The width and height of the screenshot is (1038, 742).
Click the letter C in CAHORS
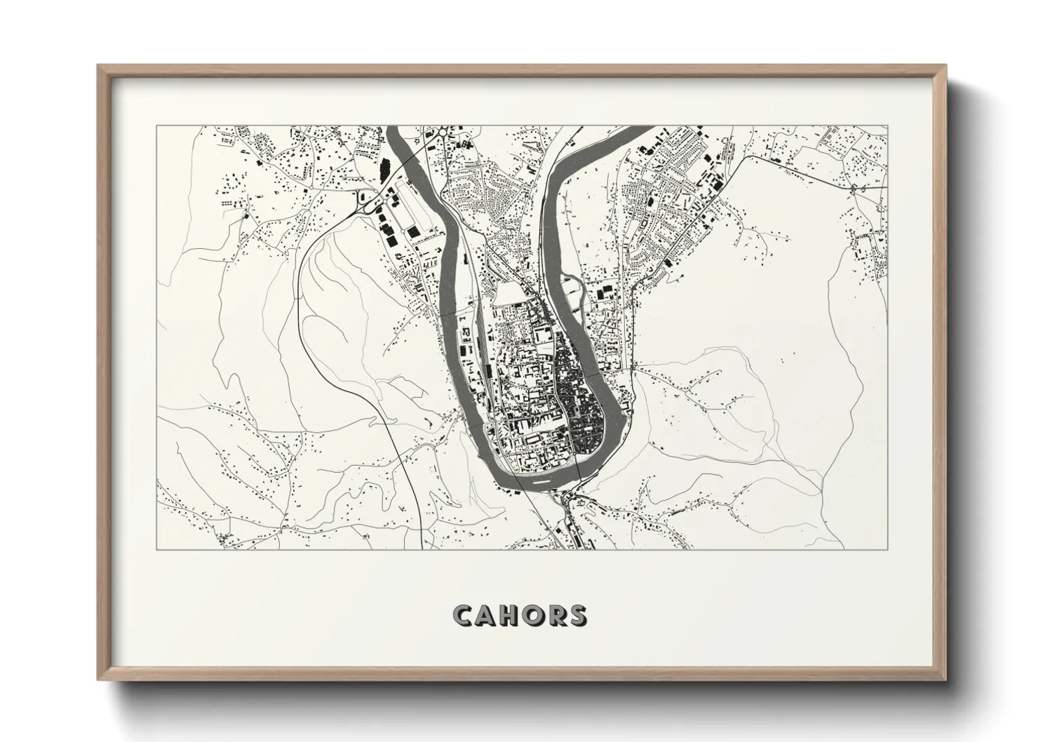pos(463,615)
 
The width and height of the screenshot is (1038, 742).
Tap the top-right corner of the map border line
pos(887,126)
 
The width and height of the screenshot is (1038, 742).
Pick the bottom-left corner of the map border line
pos(156,549)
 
